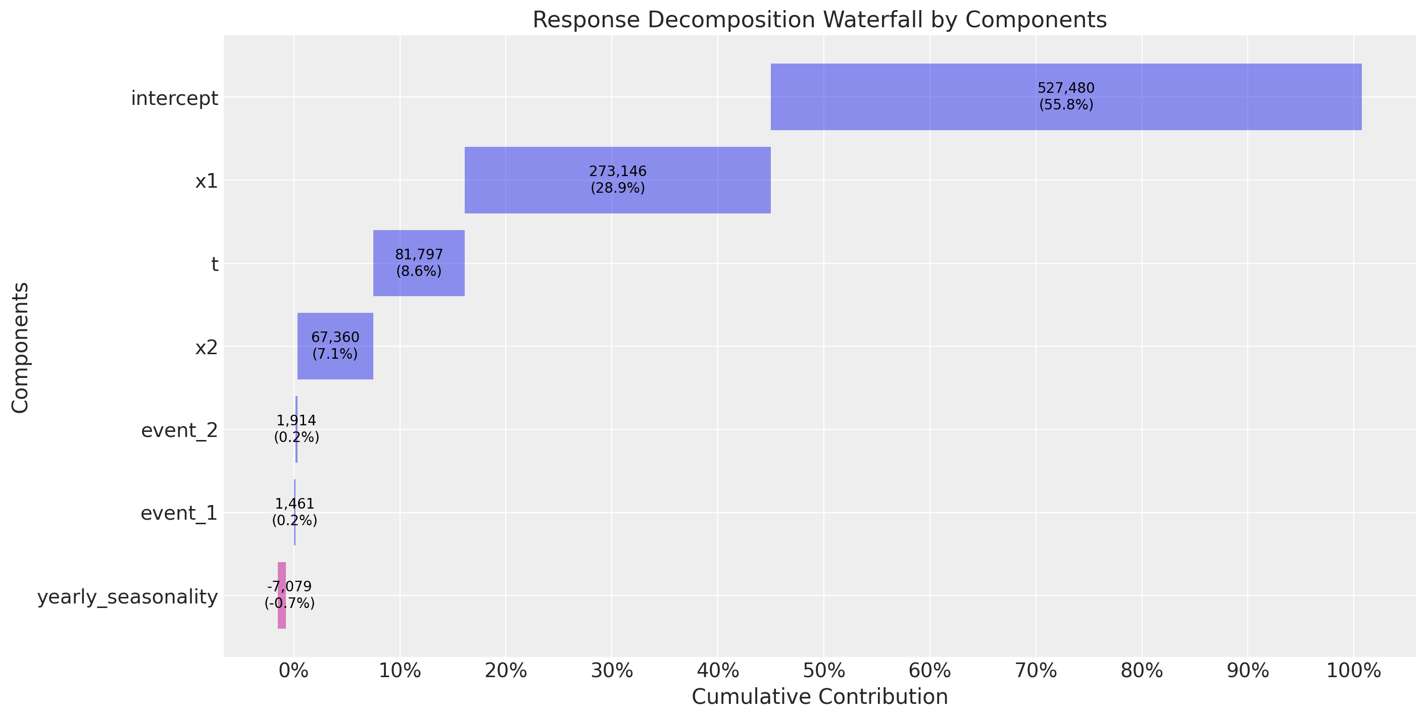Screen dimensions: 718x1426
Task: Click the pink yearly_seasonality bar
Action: click(282, 620)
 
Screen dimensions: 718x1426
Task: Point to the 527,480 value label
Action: click(1066, 88)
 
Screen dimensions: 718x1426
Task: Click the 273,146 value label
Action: click(617, 172)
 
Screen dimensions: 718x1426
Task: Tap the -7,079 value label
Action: click(289, 586)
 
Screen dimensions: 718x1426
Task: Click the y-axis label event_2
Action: click(179, 430)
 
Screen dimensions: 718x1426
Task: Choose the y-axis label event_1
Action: click(179, 513)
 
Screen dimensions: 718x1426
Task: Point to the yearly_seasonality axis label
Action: click(127, 597)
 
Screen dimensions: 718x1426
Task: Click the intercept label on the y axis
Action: click(174, 98)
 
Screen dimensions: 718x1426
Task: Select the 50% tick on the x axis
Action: click(824, 671)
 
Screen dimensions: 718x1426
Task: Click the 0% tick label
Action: click(293, 671)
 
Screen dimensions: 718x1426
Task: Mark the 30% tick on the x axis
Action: click(612, 671)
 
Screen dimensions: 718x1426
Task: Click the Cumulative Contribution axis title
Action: click(819, 696)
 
